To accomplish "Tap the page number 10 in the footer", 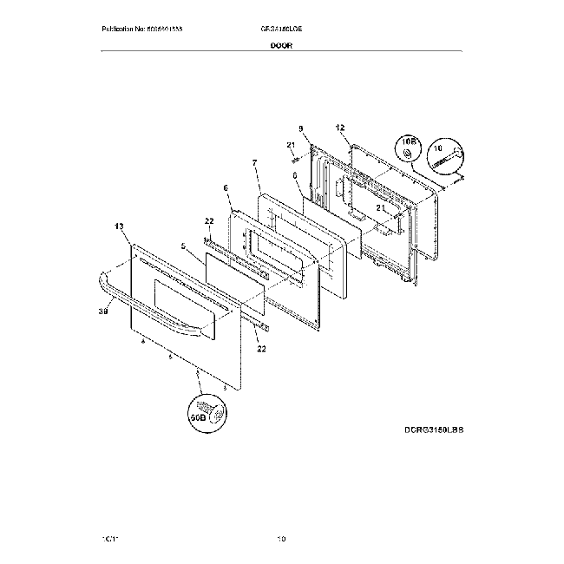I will pyautogui.click(x=281, y=539).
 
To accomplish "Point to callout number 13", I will pyautogui.click(x=119, y=226).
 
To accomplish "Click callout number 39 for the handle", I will pyautogui.click(x=103, y=311).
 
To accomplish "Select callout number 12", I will pyautogui.click(x=340, y=128).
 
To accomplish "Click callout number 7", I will pyautogui.click(x=254, y=164).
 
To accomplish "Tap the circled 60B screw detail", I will pyautogui.click(x=206, y=409).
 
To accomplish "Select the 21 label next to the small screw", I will pyautogui.click(x=292, y=144).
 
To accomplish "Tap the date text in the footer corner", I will pyautogui.click(x=108, y=539).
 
